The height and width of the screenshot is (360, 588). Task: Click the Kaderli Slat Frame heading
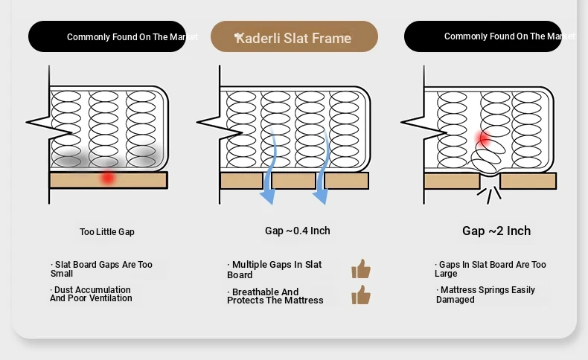pyautogui.click(x=294, y=37)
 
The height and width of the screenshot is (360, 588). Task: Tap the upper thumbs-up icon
pyautogui.click(x=361, y=269)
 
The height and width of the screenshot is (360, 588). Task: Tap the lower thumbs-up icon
pyautogui.click(x=361, y=295)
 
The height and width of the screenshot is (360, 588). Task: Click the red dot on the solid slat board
pyautogui.click(x=108, y=177)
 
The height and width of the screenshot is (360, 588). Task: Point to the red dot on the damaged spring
pyautogui.click(x=483, y=138)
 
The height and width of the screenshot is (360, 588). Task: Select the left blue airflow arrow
pyautogui.click(x=269, y=167)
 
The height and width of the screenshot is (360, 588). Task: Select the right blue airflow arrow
pyautogui.click(x=322, y=167)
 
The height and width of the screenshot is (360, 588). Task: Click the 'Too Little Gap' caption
pyautogui.click(x=107, y=232)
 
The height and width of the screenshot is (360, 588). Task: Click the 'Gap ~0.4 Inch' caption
pyautogui.click(x=297, y=231)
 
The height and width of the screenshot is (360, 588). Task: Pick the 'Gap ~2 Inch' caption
pyautogui.click(x=496, y=231)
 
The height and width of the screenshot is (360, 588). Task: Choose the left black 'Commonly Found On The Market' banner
pyautogui.click(x=107, y=36)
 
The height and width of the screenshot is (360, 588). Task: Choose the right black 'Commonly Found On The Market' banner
pyautogui.click(x=483, y=36)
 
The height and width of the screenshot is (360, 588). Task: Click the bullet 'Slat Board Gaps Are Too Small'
pyautogui.click(x=102, y=269)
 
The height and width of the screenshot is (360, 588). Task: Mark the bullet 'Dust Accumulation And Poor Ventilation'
pyautogui.click(x=92, y=294)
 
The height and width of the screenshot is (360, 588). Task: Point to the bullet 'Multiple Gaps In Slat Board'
pyautogui.click(x=275, y=269)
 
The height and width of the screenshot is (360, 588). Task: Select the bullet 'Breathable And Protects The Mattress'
pyautogui.click(x=275, y=296)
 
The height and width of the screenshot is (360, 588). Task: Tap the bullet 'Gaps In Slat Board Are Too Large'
pyautogui.click(x=490, y=269)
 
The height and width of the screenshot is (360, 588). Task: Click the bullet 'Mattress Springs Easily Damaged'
pyautogui.click(x=485, y=295)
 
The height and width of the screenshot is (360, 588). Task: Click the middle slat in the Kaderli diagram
pyautogui.click(x=294, y=181)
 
